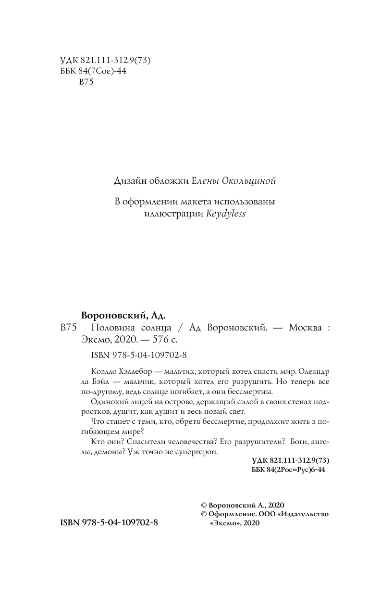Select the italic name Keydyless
(x=225, y=214)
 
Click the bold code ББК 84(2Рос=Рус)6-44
(x=288, y=470)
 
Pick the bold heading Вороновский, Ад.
(x=124, y=316)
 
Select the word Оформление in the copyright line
(x=229, y=514)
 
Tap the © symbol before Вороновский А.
(x=203, y=505)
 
